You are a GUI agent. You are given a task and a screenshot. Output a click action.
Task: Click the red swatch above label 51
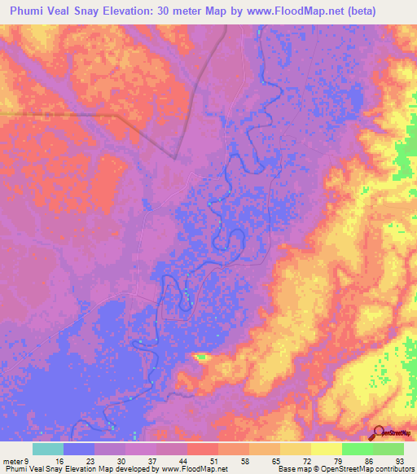point(203,449)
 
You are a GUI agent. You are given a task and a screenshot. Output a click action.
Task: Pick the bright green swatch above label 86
point(358,449)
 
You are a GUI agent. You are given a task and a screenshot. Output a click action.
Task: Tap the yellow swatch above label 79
point(327,449)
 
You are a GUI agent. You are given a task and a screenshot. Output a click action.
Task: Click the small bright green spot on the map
point(201,356)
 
